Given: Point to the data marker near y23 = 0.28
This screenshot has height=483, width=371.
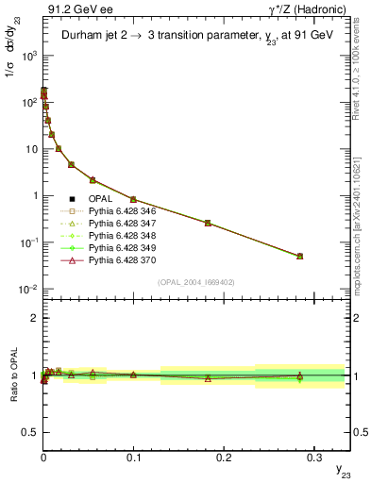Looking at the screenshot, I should (x=299, y=256).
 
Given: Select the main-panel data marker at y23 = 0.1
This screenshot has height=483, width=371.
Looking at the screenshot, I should (x=133, y=199).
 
